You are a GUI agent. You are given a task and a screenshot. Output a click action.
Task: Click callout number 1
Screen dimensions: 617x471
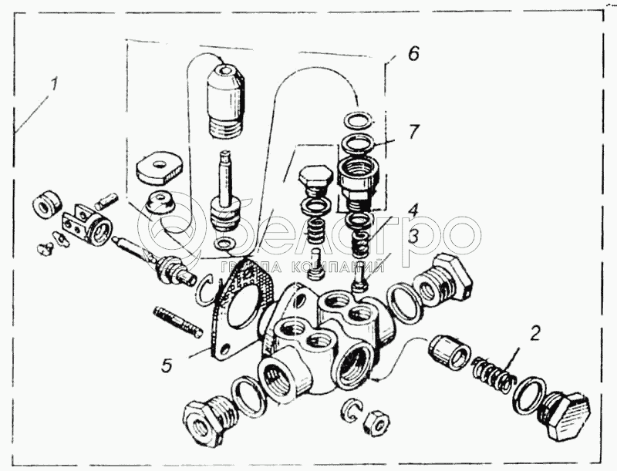(54, 84)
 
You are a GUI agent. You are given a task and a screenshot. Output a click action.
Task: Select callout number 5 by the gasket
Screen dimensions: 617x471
(167, 365)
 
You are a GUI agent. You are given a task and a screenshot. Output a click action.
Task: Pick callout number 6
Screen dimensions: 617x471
(413, 53)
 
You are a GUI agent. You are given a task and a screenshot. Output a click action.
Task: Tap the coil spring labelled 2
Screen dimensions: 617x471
(492, 375)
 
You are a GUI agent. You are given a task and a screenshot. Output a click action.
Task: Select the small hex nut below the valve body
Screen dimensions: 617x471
(376, 425)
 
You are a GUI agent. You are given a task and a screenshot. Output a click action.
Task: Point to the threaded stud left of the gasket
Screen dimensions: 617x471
(177, 321)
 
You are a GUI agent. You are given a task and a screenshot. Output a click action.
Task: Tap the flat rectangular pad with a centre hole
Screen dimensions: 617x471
(160, 167)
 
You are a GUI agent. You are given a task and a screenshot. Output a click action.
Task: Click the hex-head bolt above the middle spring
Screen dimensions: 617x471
(313, 182)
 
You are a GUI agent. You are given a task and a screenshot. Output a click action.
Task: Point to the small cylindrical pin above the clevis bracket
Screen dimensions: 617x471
(106, 200)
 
